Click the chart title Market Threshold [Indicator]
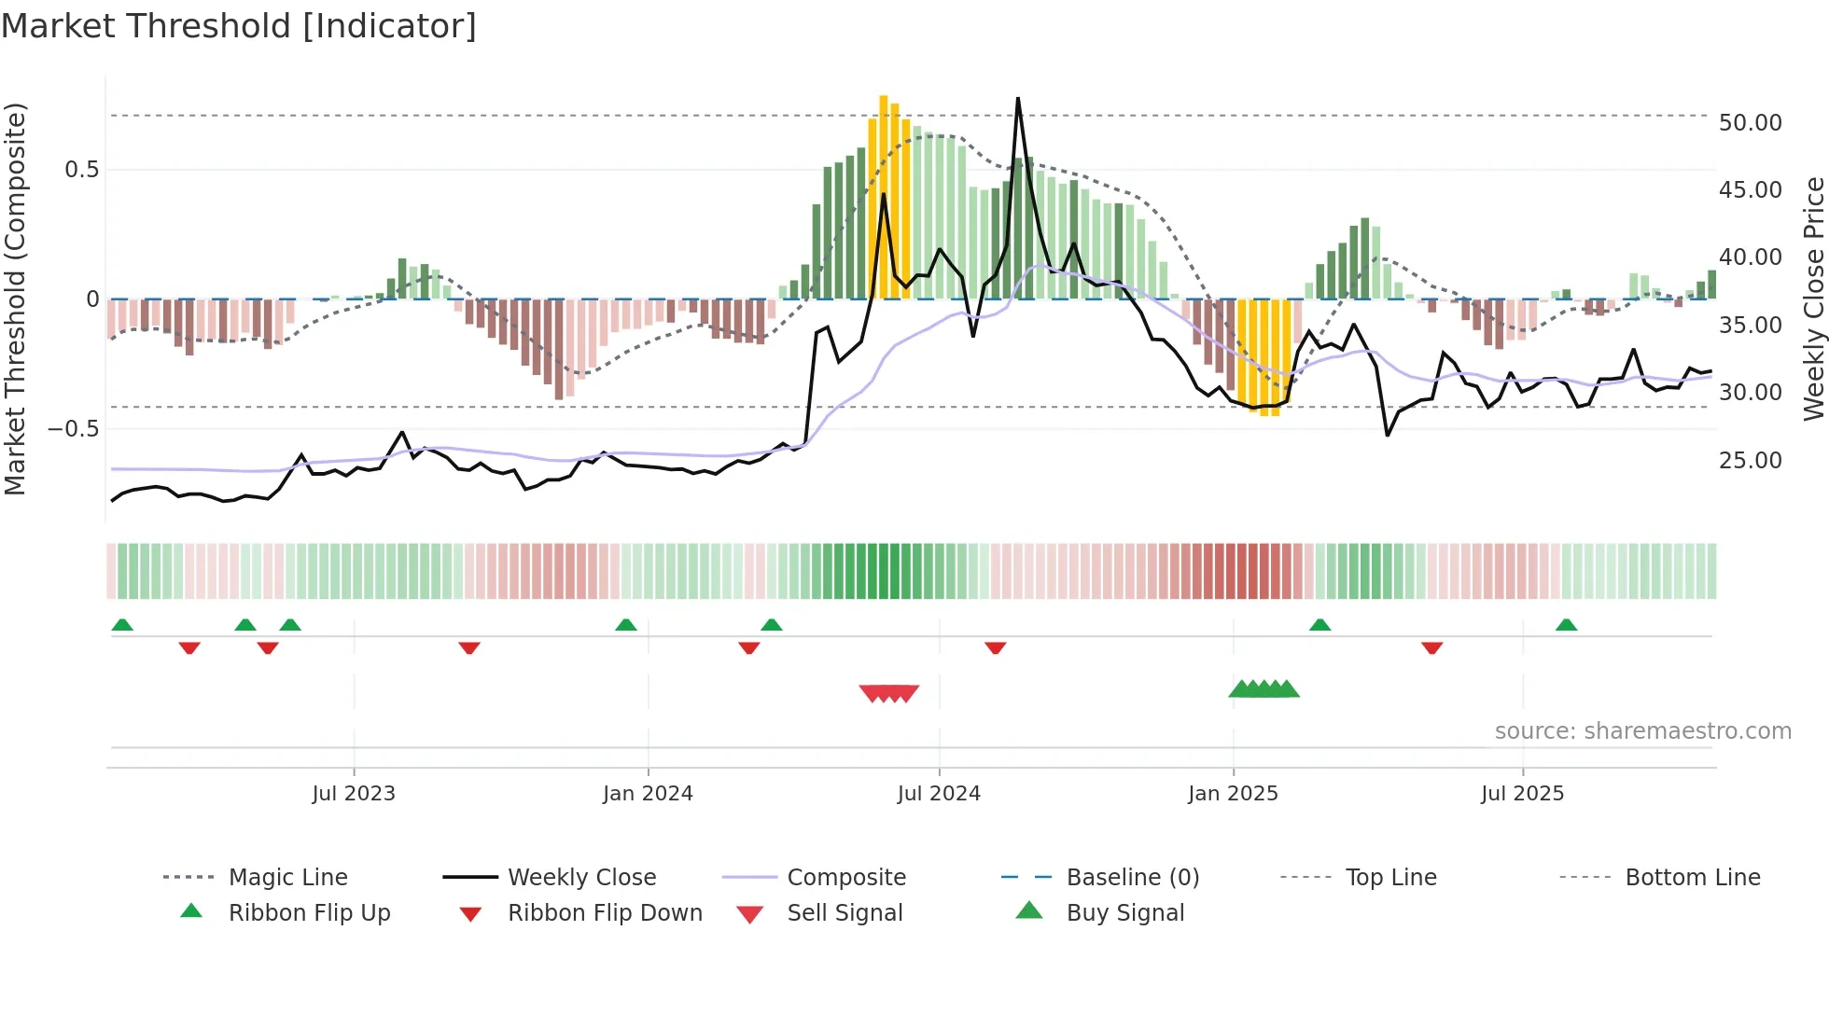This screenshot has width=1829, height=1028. click(x=239, y=26)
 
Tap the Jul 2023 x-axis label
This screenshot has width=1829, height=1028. click(x=354, y=794)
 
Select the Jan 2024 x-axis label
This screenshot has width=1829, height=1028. click(x=648, y=794)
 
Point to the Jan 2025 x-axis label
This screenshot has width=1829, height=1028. click(x=1233, y=794)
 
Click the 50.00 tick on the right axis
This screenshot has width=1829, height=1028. click(x=1750, y=123)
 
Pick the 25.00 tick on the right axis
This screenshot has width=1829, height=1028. click(x=1750, y=461)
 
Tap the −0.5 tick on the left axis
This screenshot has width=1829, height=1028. click(x=73, y=429)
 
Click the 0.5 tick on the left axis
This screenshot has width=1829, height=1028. click(x=81, y=170)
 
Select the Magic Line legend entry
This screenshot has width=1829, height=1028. click(x=287, y=878)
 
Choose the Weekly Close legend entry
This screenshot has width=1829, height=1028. click(x=581, y=878)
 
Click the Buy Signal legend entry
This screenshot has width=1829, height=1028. click(x=1124, y=913)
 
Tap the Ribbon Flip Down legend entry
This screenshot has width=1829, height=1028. click(x=604, y=913)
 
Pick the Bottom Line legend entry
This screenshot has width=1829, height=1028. click(x=1692, y=878)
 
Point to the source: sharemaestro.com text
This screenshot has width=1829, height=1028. click(x=1642, y=731)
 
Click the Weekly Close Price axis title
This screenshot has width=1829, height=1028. click(x=1813, y=299)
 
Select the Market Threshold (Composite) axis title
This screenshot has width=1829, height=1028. click(x=15, y=299)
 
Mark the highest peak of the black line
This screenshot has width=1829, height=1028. click(x=1018, y=98)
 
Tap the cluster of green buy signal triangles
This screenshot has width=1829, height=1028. click(x=1264, y=689)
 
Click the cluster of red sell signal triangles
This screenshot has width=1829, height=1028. click(x=889, y=693)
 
